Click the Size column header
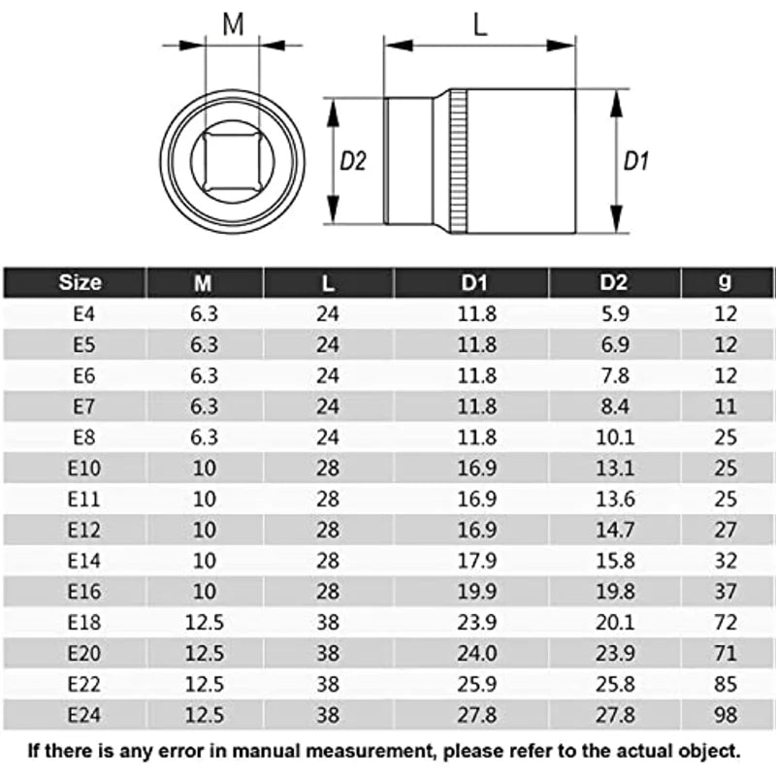pyautogui.click(x=80, y=282)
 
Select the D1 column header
pyautogui.click(x=471, y=282)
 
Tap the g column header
pyautogui.click(x=725, y=282)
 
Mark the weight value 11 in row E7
pyautogui.click(x=725, y=405)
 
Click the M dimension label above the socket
pyautogui.click(x=233, y=25)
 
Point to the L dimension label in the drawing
pyautogui.click(x=480, y=25)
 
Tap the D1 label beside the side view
pyautogui.click(x=635, y=162)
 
